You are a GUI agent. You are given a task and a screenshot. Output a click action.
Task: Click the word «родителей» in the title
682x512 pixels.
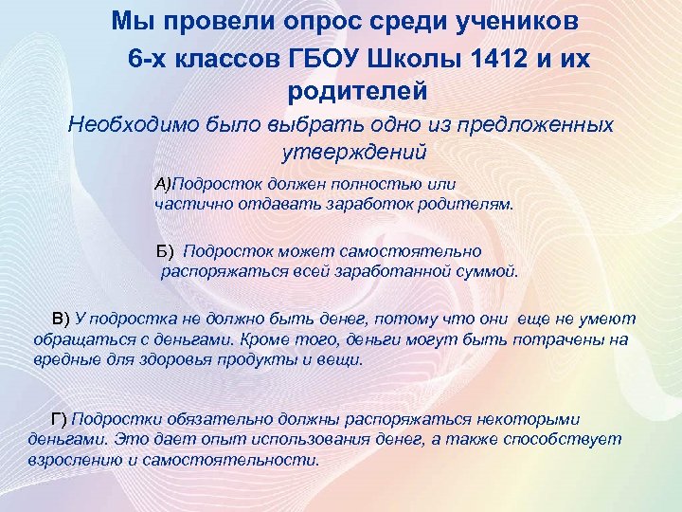pos(354,92)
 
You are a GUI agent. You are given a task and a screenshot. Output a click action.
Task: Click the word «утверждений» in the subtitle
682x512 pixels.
pos(354,152)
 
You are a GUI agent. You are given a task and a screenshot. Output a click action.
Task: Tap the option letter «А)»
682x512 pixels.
pos(163,182)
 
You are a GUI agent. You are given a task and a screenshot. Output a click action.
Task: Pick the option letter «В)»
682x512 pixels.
pos(61,319)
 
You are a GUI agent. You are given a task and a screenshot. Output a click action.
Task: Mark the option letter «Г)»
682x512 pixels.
pos(59,419)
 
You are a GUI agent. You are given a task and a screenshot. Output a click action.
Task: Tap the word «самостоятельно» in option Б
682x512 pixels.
pos(421,251)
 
